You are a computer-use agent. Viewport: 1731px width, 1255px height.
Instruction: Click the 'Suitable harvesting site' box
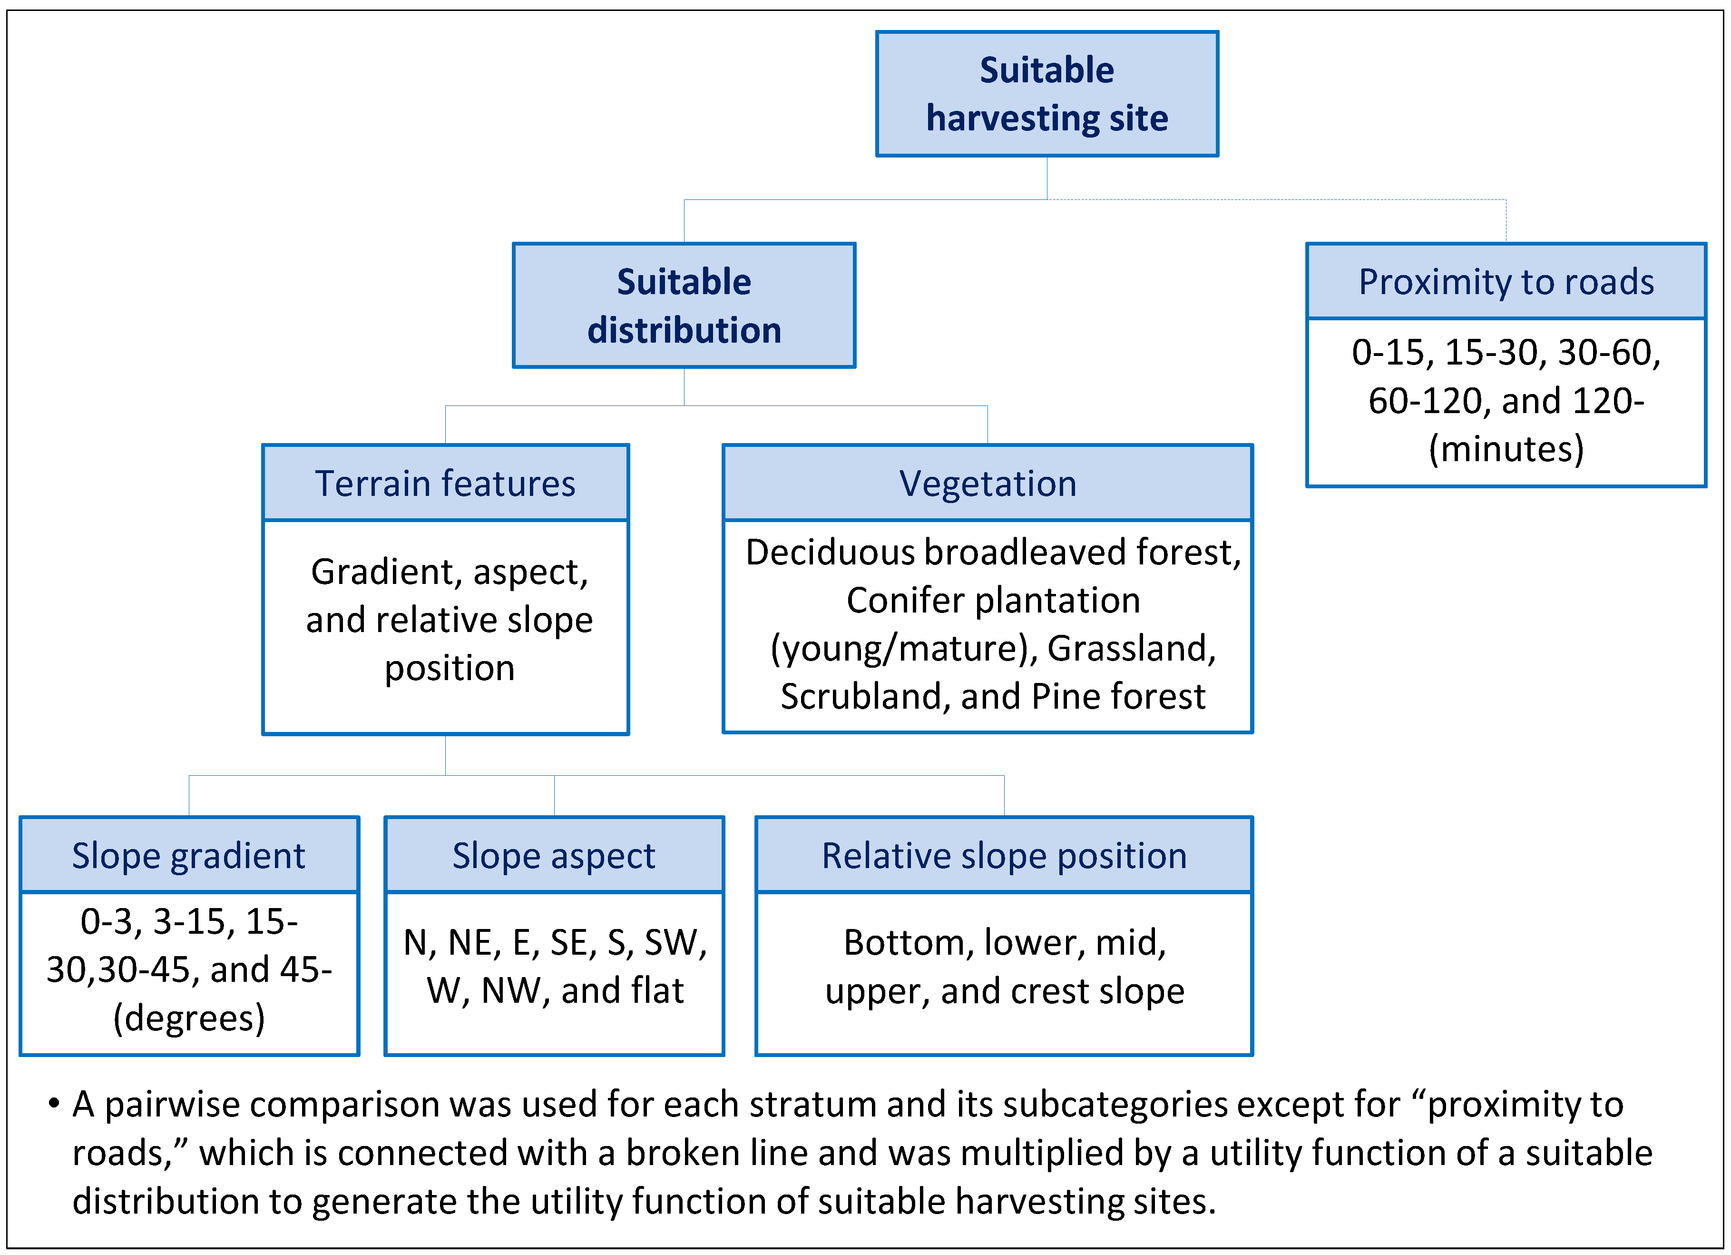(1046, 94)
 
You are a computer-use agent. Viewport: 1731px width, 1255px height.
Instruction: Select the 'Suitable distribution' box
(684, 306)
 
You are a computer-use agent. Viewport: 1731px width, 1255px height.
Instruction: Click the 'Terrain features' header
(445, 483)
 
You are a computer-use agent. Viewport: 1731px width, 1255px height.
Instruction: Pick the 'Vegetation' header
(987, 483)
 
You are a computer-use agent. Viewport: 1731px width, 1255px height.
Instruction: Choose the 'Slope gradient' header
(188, 855)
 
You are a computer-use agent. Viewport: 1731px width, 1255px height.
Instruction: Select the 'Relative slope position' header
(1004, 855)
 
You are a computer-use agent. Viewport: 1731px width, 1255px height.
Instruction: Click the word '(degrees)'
(188, 1018)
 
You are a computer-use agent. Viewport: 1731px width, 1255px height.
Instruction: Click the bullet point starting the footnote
(53, 1104)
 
